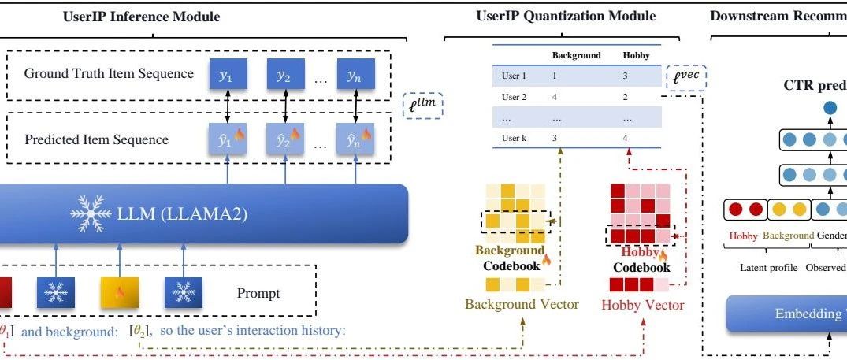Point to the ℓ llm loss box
pos(423,105)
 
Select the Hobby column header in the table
pos(636,56)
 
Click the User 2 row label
pos(514,98)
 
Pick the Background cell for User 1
pos(555,77)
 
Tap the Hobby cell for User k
pos(626,138)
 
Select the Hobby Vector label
pos(641,303)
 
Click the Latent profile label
pos(769,267)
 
